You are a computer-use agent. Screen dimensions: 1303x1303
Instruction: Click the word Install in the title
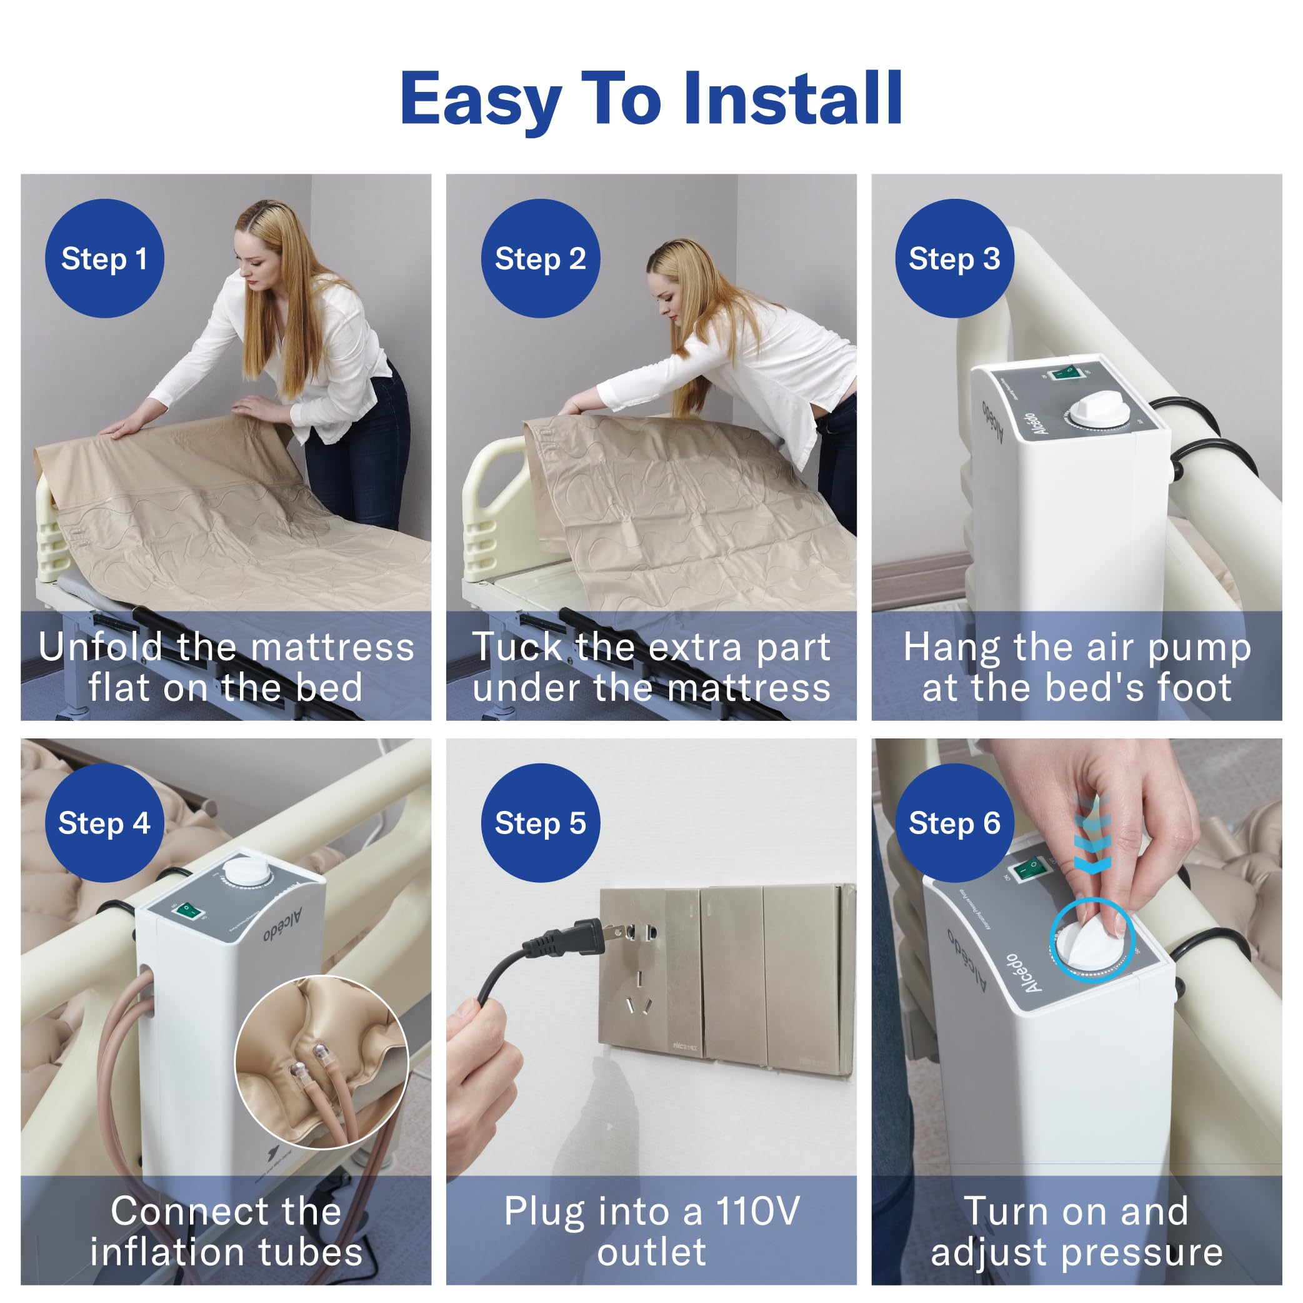792,100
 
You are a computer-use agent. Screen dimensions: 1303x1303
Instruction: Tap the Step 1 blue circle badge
104,258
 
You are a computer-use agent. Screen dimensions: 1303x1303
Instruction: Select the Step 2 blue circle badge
540,258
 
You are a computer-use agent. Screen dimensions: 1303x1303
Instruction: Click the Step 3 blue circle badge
954,258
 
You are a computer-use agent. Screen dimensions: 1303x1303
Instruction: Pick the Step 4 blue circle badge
104,823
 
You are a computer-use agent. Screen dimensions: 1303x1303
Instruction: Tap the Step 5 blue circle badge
540,823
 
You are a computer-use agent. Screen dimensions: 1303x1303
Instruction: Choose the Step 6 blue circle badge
954,823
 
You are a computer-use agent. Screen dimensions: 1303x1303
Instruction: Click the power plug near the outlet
573,938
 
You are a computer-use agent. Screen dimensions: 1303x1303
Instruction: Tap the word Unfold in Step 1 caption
100,647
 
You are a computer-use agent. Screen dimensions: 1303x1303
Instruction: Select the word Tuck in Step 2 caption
517,647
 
